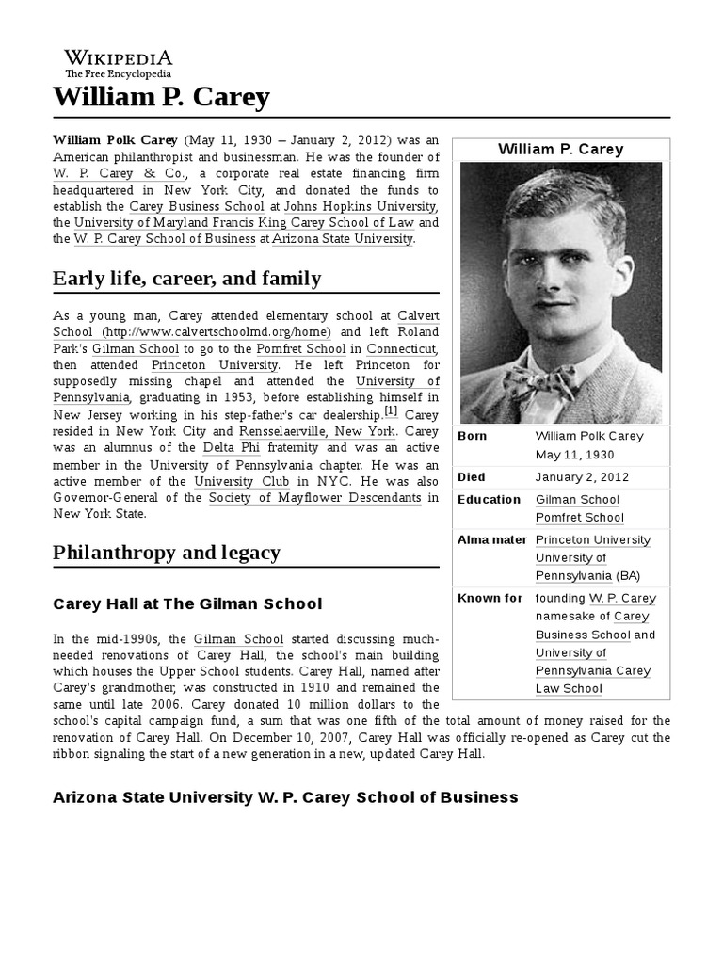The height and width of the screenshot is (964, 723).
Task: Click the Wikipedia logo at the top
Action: [118, 63]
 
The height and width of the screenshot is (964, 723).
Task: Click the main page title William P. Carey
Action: [161, 97]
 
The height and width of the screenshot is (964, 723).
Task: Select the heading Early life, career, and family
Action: [186, 279]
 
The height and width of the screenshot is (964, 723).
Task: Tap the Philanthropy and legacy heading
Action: [167, 553]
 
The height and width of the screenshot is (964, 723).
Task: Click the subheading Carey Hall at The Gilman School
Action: [187, 603]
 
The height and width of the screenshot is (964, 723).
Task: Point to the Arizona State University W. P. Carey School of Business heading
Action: [285, 797]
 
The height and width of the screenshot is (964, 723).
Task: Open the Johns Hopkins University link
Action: [359, 206]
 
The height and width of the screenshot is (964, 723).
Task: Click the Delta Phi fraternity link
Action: [229, 448]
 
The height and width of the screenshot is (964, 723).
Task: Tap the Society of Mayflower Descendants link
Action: [308, 497]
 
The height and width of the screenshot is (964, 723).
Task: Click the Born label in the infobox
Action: [474, 436]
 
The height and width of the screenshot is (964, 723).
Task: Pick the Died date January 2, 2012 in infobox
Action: [582, 477]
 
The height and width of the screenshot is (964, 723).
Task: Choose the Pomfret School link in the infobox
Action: [579, 518]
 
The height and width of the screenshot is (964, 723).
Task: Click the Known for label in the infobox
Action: [490, 598]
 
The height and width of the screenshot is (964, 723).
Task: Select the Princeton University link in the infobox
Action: [592, 540]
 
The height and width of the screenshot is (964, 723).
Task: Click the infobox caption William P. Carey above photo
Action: [560, 150]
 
